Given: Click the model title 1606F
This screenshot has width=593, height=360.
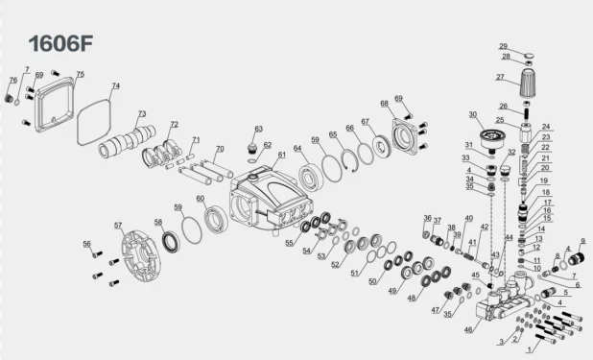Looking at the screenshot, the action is pos(60,43).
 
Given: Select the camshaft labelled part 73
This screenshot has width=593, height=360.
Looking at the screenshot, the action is pos(127,141).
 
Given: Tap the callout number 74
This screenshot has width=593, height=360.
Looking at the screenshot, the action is pos(116,86).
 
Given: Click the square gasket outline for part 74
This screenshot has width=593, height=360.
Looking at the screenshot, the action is pos(95,122).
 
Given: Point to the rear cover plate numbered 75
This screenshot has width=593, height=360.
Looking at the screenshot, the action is pos(54,105).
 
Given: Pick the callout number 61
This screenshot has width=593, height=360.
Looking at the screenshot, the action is pos(282,155).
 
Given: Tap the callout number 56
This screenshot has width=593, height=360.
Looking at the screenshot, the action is pos(87,244).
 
